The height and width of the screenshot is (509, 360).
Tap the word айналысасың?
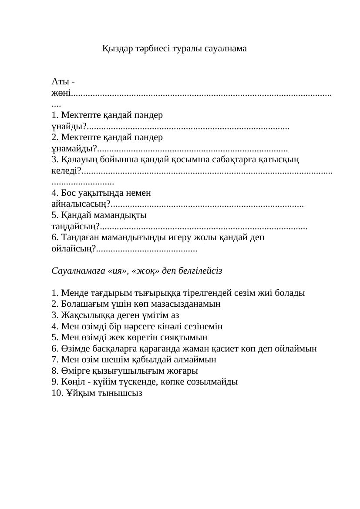(x=80, y=204)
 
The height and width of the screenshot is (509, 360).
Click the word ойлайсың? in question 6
(x=73, y=249)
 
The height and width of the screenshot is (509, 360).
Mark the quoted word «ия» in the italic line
(x=120, y=271)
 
